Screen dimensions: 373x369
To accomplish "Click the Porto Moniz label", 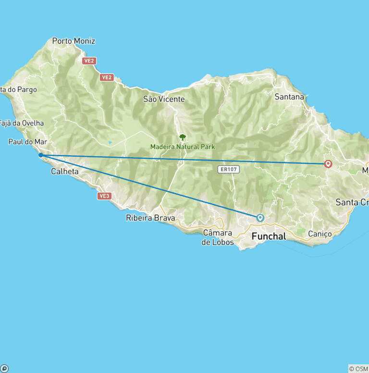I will tap(74, 41).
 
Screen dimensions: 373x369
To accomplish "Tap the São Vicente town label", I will tap(164, 99).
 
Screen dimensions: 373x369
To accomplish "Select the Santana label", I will tap(289, 97).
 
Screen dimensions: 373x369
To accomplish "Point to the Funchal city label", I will tap(269, 236).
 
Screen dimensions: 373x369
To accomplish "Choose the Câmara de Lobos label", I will tap(218, 237).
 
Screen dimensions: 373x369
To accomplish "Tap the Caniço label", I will tap(320, 234).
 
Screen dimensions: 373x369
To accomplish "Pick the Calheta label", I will tap(65, 171).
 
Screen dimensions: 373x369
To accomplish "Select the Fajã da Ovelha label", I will tap(22, 123).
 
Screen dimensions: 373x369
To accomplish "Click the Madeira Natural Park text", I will tap(183, 147).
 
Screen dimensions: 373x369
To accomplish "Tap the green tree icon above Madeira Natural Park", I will tap(183, 137).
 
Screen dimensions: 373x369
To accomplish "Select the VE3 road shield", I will tap(104, 196).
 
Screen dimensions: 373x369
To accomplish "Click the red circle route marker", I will tap(328, 164).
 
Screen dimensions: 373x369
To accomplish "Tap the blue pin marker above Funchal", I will tap(260, 217).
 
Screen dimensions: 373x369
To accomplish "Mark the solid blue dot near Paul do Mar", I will tap(40, 155).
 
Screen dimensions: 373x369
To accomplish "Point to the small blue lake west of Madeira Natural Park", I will tap(110, 142).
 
